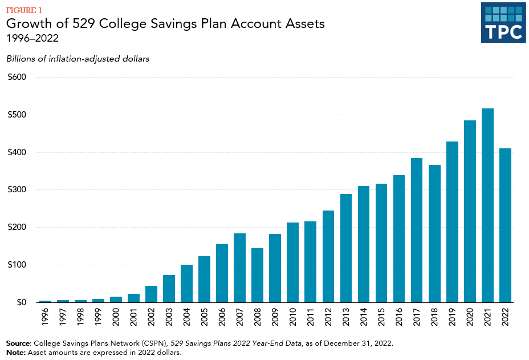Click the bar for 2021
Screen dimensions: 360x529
(487, 205)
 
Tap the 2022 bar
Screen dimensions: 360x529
(505, 225)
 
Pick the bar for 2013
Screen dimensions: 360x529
(346, 248)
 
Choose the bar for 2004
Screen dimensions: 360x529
(187, 284)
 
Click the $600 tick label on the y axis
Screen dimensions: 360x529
(18, 77)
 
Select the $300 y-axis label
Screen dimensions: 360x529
(18, 189)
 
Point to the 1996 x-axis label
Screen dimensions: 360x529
(46, 318)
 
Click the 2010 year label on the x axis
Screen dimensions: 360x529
(293, 318)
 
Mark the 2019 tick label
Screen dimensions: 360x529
(452, 318)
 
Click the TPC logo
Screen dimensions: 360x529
(503, 22)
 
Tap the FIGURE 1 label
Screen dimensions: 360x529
(24, 10)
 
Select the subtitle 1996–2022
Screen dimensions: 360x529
(32, 39)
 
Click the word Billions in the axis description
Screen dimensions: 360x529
(22, 59)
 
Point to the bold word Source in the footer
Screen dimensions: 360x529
(18, 343)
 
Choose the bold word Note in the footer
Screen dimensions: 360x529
(15, 352)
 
